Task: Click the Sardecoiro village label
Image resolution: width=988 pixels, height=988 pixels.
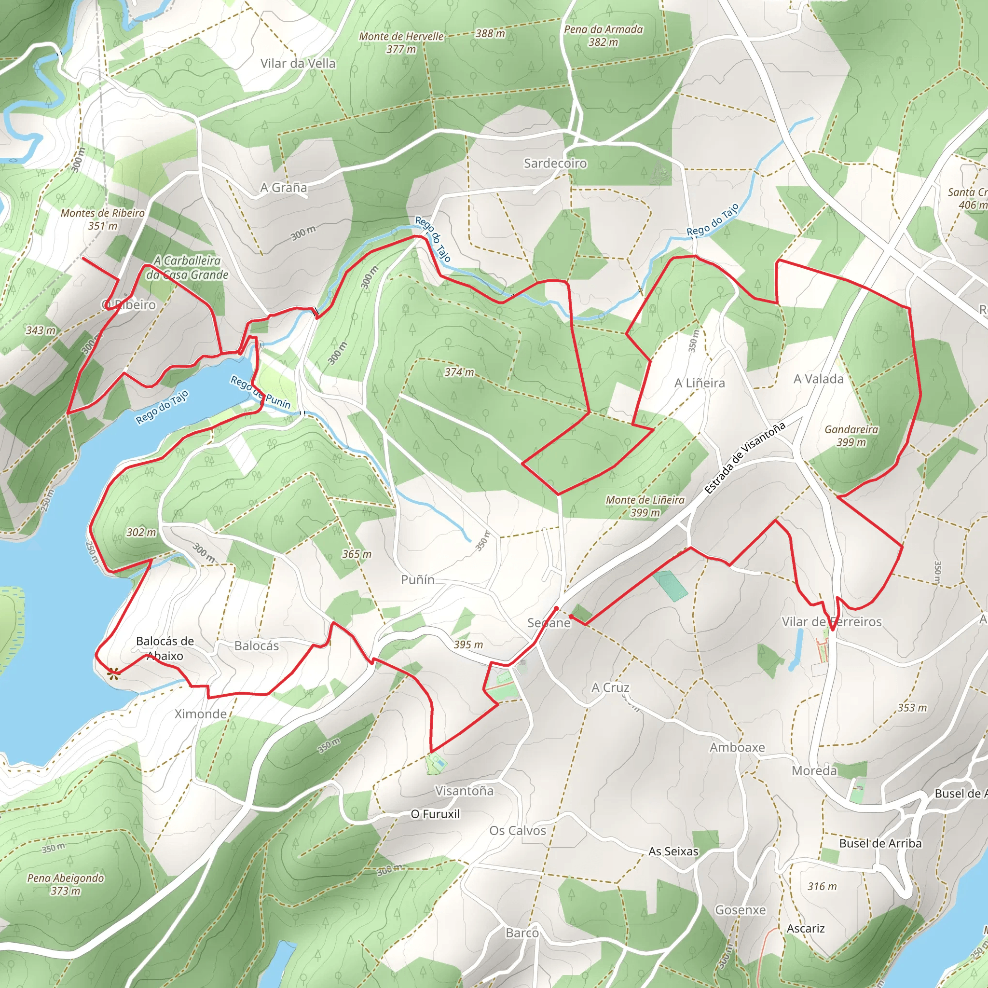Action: point(555,163)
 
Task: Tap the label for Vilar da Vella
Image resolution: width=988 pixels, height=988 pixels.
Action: point(298,63)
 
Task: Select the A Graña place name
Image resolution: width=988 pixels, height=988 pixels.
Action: point(283,188)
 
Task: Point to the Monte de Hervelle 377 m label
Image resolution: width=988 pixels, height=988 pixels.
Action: point(401,43)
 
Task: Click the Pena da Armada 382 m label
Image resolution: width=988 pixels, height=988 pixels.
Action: point(603,36)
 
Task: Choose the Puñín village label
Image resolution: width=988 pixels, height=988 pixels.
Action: point(417,579)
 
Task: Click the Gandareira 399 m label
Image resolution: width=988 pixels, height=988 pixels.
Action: point(851,436)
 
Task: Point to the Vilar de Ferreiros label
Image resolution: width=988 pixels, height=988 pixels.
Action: point(832,622)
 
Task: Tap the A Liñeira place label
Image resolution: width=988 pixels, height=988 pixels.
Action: point(699,383)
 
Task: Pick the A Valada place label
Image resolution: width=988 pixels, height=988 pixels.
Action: point(818,379)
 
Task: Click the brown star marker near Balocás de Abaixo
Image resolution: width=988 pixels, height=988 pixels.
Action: point(113,674)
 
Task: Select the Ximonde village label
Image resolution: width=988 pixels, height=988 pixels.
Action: point(201,714)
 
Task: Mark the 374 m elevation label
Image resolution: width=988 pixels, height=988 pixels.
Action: point(459,372)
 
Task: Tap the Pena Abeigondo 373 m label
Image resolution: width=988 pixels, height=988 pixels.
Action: point(66,884)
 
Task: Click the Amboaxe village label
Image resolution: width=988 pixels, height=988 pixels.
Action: point(737,748)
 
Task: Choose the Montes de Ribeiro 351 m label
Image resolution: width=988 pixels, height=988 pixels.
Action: point(102,219)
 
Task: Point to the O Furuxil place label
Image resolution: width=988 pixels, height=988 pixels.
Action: point(435,814)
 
